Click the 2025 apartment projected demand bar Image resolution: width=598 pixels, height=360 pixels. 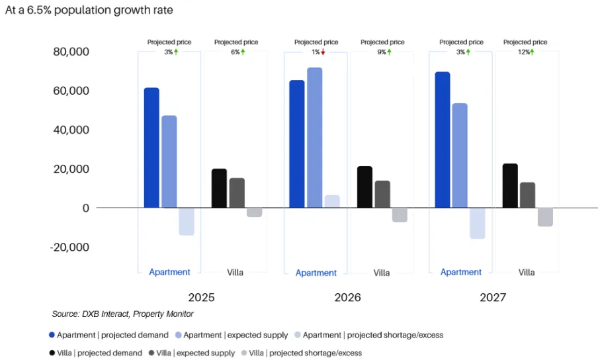click(151, 148)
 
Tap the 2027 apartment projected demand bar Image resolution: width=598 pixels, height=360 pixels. click(443, 140)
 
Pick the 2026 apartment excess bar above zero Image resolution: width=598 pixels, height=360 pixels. click(332, 202)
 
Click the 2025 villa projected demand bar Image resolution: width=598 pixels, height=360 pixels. click(219, 188)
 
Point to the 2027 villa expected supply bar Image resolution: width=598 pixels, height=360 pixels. click(527, 195)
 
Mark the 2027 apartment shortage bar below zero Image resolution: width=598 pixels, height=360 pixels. click(477, 223)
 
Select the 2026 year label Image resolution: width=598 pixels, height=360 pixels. click(348, 298)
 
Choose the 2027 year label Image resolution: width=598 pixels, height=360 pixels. click(493, 298)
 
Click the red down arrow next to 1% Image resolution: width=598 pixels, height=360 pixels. click(323, 52)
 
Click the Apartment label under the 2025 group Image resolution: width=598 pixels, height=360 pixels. click(169, 272)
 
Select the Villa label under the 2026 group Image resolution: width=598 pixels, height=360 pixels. click(382, 273)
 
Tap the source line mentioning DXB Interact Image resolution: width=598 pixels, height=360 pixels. click(122, 314)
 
